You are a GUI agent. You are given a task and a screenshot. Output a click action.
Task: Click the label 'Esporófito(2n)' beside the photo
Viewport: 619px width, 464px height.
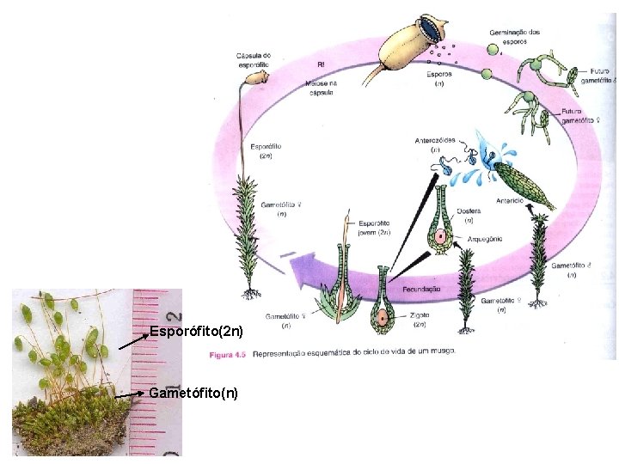[x=196, y=331]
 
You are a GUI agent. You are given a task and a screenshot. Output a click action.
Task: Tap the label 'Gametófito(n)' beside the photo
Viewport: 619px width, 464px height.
[x=193, y=393]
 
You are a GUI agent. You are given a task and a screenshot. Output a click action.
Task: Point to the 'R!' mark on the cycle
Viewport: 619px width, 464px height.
[x=322, y=64]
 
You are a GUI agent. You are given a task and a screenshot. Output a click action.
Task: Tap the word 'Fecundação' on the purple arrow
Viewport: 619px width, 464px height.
[x=420, y=290]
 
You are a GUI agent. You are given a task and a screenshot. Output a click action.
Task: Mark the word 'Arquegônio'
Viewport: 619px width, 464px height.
[x=487, y=239]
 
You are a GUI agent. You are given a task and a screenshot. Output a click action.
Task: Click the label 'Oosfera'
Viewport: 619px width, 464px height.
[x=469, y=210]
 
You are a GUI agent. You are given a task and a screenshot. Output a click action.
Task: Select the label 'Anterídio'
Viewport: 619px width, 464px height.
[x=510, y=201]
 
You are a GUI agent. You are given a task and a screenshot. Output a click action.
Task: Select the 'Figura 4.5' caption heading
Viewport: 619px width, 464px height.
[x=222, y=354]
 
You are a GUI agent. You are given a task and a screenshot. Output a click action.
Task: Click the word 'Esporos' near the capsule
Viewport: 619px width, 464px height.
[x=439, y=75]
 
